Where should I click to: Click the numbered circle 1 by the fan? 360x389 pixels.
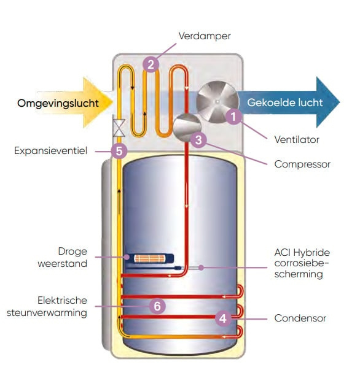pyautogui.click(x=233, y=117)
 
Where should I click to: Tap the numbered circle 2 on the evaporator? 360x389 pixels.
pyautogui.click(x=151, y=64)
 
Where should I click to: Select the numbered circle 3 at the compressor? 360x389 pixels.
pyautogui.click(x=198, y=140)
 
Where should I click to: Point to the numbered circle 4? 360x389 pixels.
pyautogui.click(x=223, y=318)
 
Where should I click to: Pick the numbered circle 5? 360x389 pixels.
pyautogui.click(x=119, y=151)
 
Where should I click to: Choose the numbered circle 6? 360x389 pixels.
pyautogui.click(x=157, y=306)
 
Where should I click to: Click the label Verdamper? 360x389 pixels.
pyautogui.click(x=205, y=36)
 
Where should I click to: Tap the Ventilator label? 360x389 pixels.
pyautogui.click(x=297, y=140)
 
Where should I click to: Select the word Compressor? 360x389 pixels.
pyautogui.click(x=302, y=164)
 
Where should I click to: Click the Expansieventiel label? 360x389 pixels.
pyautogui.click(x=51, y=151)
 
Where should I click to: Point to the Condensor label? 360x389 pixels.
pyautogui.click(x=300, y=318)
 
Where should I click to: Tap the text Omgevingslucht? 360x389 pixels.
pyautogui.click(x=58, y=103)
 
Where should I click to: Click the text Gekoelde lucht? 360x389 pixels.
pyautogui.click(x=284, y=102)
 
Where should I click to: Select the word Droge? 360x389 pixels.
pyautogui.click(x=72, y=252)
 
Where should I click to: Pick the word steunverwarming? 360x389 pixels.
pyautogui.click(x=47, y=312)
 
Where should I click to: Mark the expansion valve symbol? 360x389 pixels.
pyautogui.click(x=119, y=128)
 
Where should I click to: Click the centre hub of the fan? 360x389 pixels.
pyautogui.click(x=217, y=101)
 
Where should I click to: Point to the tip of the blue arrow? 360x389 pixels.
pyautogui.click(x=339, y=102)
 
